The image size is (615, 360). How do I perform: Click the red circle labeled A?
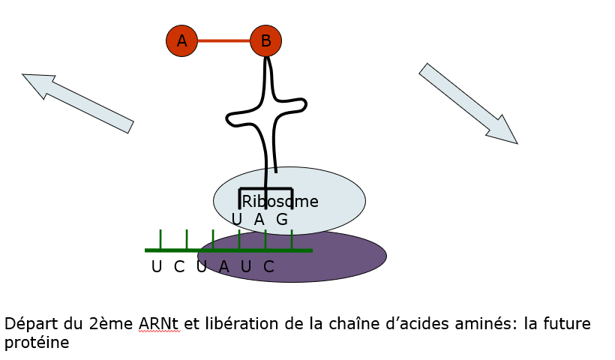pos(181,40)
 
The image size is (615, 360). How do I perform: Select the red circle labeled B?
pos(265,40)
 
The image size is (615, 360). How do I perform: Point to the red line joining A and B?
pos(223,40)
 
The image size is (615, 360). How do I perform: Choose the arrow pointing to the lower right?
pos(468,103)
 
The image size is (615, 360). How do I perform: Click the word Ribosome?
pos(280,202)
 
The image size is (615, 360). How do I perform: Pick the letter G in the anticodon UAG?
pos(282,220)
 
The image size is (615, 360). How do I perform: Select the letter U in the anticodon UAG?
pos(237,220)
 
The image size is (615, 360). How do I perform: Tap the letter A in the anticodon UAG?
pos(259,220)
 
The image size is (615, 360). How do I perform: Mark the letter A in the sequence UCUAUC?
pos(223,266)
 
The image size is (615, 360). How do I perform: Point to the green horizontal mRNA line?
pos(172,250)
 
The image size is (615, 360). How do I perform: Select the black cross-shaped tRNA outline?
pos(266,112)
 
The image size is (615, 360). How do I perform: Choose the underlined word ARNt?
pos(159,325)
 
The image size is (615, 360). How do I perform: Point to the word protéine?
pos(36,343)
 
